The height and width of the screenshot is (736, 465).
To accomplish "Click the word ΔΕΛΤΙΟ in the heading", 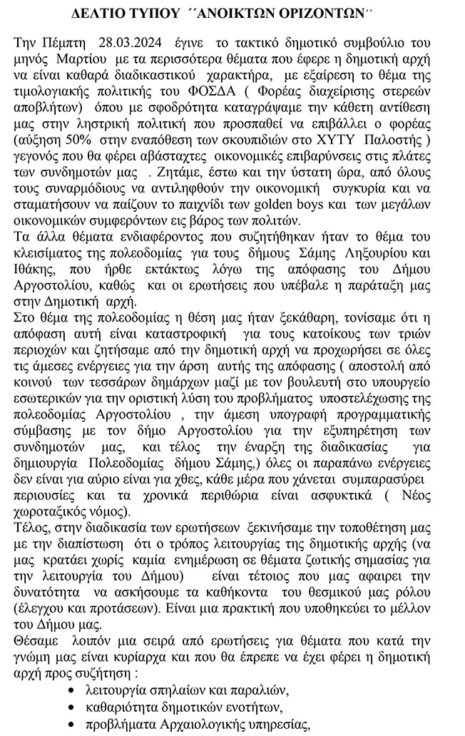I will pyautogui.click(x=101, y=14).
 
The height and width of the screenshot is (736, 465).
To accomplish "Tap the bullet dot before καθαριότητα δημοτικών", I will pyautogui.click(x=70, y=707).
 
